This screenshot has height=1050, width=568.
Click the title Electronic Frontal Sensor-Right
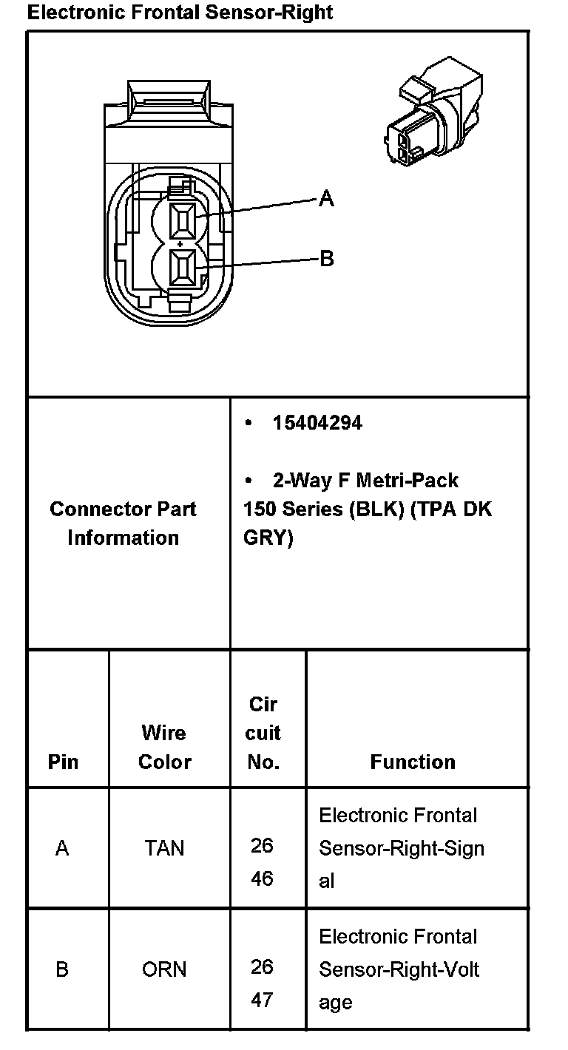pos(180,12)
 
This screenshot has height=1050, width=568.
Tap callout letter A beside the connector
pos(326,198)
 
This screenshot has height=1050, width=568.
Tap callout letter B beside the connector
pos(327,258)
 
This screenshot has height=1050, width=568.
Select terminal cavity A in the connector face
pos(182,220)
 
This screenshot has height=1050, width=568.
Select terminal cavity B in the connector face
pos(182,267)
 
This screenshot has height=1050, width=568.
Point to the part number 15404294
pos(317,423)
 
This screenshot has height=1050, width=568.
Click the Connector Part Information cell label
pos(123,523)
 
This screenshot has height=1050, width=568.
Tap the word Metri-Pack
pos(407,481)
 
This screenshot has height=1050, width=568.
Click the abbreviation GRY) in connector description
pos(268,538)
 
